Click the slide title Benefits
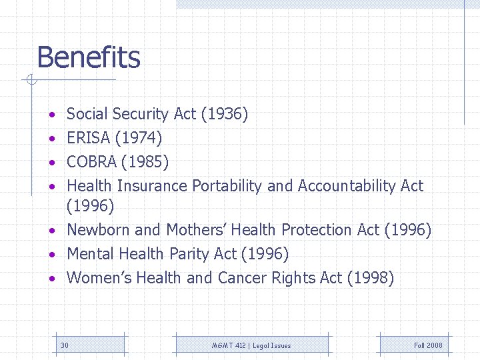[x=89, y=57]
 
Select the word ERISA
[x=89, y=139]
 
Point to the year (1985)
[x=148, y=162]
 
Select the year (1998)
[x=371, y=278]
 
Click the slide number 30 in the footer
[x=64, y=345]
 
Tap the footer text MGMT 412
[x=227, y=345]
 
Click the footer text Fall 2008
[x=428, y=345]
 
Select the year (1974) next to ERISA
[x=139, y=139]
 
